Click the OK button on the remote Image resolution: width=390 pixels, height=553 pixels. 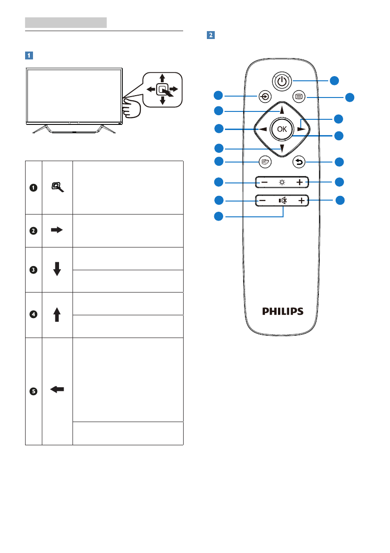coord(281,130)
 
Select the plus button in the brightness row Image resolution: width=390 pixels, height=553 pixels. coord(300,182)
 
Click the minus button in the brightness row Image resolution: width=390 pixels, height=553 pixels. coord(264,182)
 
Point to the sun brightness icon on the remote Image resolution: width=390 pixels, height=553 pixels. coord(282,182)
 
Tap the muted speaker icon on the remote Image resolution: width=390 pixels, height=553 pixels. coord(282,201)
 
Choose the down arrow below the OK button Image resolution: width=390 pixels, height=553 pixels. coord(282,148)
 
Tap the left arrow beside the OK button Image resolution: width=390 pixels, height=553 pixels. coord(263,130)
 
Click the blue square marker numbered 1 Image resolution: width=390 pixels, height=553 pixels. coord(29,55)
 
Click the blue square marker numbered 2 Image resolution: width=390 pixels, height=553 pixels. coord(211,35)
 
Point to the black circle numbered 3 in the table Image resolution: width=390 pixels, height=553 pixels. coord(33,269)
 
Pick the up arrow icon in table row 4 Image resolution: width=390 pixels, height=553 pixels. coord(57,314)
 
